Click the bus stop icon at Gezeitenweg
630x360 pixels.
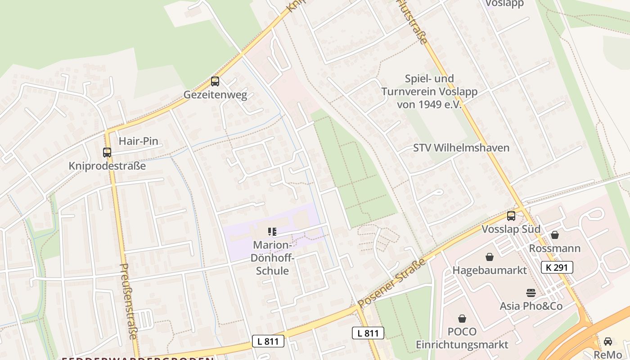(215, 81)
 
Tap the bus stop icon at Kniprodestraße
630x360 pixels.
(107, 152)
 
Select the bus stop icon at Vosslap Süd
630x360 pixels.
(511, 216)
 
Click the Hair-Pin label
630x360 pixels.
(138, 141)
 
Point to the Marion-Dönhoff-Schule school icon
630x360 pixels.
(272, 232)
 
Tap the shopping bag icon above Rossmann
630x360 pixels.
(555, 235)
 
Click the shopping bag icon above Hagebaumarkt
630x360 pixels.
(490, 257)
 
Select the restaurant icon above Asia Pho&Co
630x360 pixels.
(531, 292)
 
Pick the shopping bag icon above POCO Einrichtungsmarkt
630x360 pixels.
(462, 319)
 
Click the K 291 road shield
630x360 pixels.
(557, 267)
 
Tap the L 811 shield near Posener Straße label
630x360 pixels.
(368, 333)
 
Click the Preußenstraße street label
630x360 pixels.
(128, 301)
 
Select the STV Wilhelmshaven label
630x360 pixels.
(461, 148)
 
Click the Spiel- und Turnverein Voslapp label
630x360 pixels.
(429, 91)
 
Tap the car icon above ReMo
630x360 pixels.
(608, 341)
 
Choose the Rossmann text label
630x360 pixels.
(554, 248)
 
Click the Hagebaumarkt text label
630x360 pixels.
(490, 270)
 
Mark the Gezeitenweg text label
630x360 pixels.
(215, 95)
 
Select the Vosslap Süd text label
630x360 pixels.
(511, 229)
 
